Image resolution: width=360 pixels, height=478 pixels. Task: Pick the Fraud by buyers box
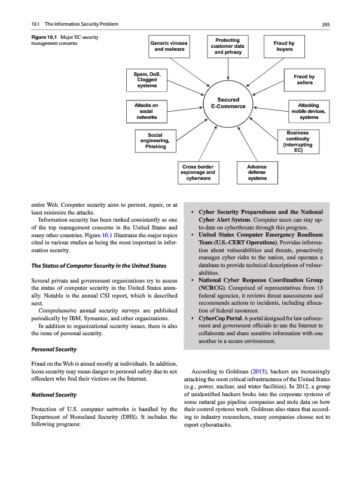point(284,46)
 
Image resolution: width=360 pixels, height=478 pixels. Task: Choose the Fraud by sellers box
point(305,79)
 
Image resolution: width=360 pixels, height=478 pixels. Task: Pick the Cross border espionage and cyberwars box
point(198,172)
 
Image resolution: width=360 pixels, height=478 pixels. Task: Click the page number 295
point(326,24)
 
